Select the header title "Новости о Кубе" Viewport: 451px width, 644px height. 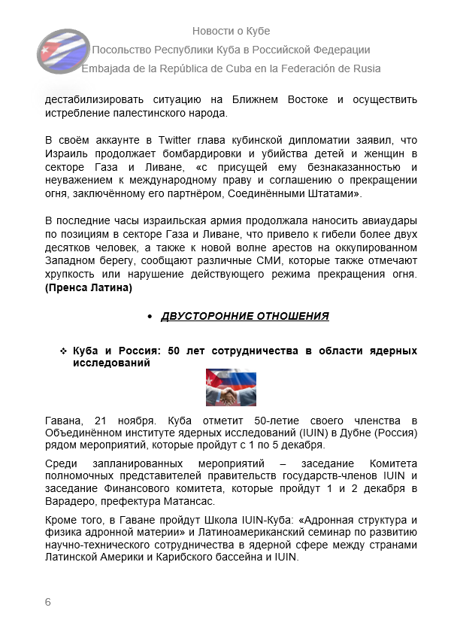coord(231,31)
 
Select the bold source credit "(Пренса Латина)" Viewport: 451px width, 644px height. coord(89,287)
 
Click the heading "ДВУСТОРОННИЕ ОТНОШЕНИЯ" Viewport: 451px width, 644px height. coord(245,316)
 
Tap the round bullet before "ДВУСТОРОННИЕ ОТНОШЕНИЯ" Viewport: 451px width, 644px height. coord(150,317)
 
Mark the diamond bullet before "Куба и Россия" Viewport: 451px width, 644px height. coord(63,351)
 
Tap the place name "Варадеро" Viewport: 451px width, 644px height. coord(71,502)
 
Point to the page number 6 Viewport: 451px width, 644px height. coord(48,602)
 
